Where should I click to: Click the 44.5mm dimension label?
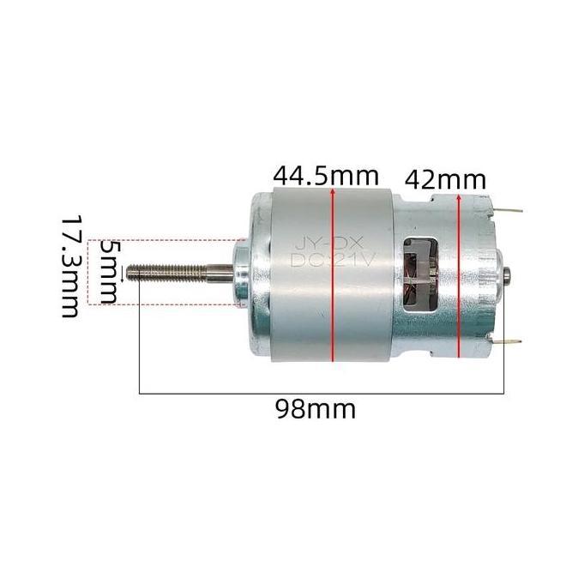pos(326,176)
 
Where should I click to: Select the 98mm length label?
pos(315,408)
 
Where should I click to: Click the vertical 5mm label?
pos(109,272)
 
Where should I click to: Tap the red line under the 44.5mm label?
pos(332,283)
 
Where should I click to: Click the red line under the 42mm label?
pos(461,283)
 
